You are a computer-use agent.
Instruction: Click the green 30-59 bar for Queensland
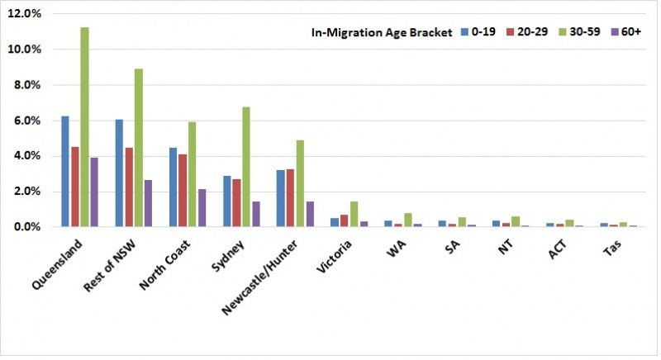tap(85, 127)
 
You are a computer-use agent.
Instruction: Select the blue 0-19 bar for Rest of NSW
tap(119, 173)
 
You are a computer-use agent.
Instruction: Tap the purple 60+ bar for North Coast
tap(202, 208)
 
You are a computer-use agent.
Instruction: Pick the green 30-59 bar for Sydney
tap(246, 167)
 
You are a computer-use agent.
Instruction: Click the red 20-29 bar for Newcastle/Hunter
tap(291, 198)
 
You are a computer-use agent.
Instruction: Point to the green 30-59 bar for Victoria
tap(354, 215)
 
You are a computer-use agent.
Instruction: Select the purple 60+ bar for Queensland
tap(94, 192)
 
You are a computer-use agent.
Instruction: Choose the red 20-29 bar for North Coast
tap(183, 191)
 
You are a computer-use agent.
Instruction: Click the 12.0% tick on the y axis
tap(25, 14)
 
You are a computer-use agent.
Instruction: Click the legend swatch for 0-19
tap(465, 31)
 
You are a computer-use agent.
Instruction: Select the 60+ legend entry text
tap(631, 31)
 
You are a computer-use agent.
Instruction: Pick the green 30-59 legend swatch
tap(563, 31)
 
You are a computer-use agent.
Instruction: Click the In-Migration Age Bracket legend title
tap(382, 32)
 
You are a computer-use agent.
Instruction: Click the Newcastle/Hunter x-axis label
tap(260, 277)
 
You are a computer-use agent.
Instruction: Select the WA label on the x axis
tap(397, 249)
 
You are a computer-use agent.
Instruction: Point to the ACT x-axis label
tap(557, 249)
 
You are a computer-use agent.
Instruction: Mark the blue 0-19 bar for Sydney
tap(226, 201)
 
